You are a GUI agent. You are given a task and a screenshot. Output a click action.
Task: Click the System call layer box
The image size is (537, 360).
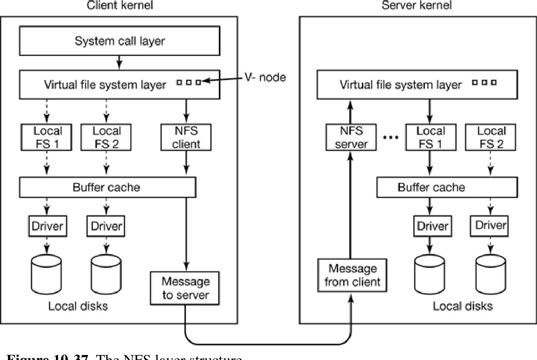click(x=120, y=41)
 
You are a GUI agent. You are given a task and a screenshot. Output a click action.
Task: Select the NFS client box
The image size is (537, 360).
click(x=186, y=137)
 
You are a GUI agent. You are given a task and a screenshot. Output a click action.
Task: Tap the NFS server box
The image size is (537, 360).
click(x=351, y=137)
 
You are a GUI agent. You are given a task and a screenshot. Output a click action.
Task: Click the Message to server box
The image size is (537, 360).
click(x=186, y=288)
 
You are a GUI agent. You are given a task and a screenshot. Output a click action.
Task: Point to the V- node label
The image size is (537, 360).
click(x=265, y=77)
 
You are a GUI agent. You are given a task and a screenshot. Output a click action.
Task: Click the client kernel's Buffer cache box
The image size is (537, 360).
click(x=107, y=187)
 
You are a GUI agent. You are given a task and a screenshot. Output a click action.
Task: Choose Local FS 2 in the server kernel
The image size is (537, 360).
click(x=491, y=137)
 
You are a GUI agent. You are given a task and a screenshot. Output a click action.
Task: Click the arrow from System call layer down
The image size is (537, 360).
click(x=120, y=63)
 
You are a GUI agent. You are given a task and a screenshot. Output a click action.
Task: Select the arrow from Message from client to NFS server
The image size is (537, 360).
click(x=350, y=204)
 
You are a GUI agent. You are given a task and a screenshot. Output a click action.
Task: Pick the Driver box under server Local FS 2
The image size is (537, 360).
click(x=491, y=225)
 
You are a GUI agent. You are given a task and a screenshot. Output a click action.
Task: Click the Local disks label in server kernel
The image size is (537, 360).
click(x=462, y=306)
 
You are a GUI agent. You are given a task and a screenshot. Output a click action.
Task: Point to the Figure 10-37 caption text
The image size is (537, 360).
click(x=125, y=357)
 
